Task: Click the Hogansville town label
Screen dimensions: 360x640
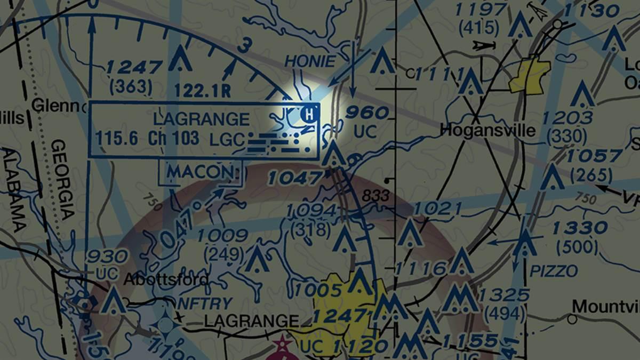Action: pyautogui.click(x=488, y=130)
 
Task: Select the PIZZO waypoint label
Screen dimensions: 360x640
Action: pyautogui.click(x=554, y=271)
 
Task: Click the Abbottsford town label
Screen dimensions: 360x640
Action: pyautogui.click(x=166, y=280)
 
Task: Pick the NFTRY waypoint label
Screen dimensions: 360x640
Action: pyautogui.click(x=204, y=304)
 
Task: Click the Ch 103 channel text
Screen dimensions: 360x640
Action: pyautogui.click(x=174, y=139)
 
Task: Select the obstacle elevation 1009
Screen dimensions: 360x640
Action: pyautogui.click(x=222, y=236)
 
